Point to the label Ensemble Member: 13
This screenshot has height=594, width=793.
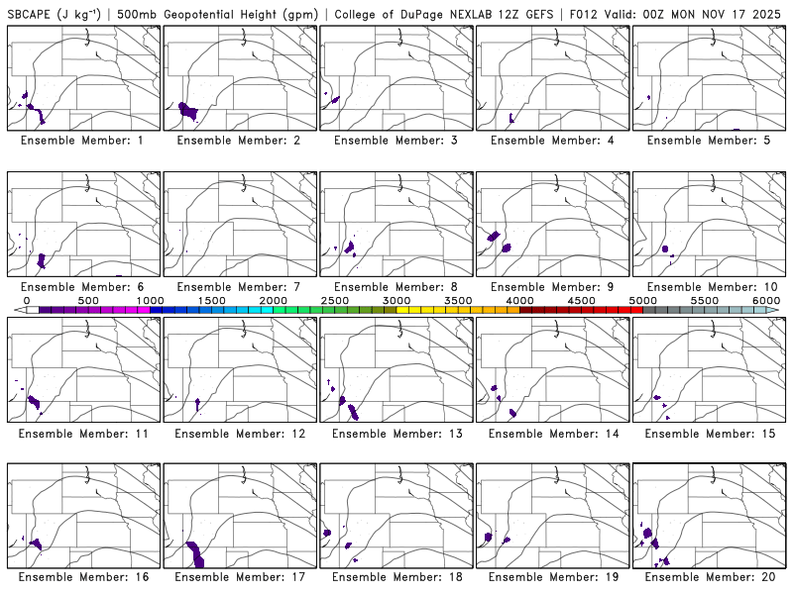pos(398,434)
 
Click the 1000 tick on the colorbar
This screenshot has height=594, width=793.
pos(150,300)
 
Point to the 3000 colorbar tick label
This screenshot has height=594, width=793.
pos(396,300)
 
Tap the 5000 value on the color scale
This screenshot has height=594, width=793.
pos(643,300)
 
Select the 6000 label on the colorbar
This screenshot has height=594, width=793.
pos(766,300)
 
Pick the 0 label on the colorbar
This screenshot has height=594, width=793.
pos(27,300)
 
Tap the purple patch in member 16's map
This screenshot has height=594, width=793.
pos(35,544)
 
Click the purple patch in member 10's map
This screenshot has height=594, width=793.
pos(665,247)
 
